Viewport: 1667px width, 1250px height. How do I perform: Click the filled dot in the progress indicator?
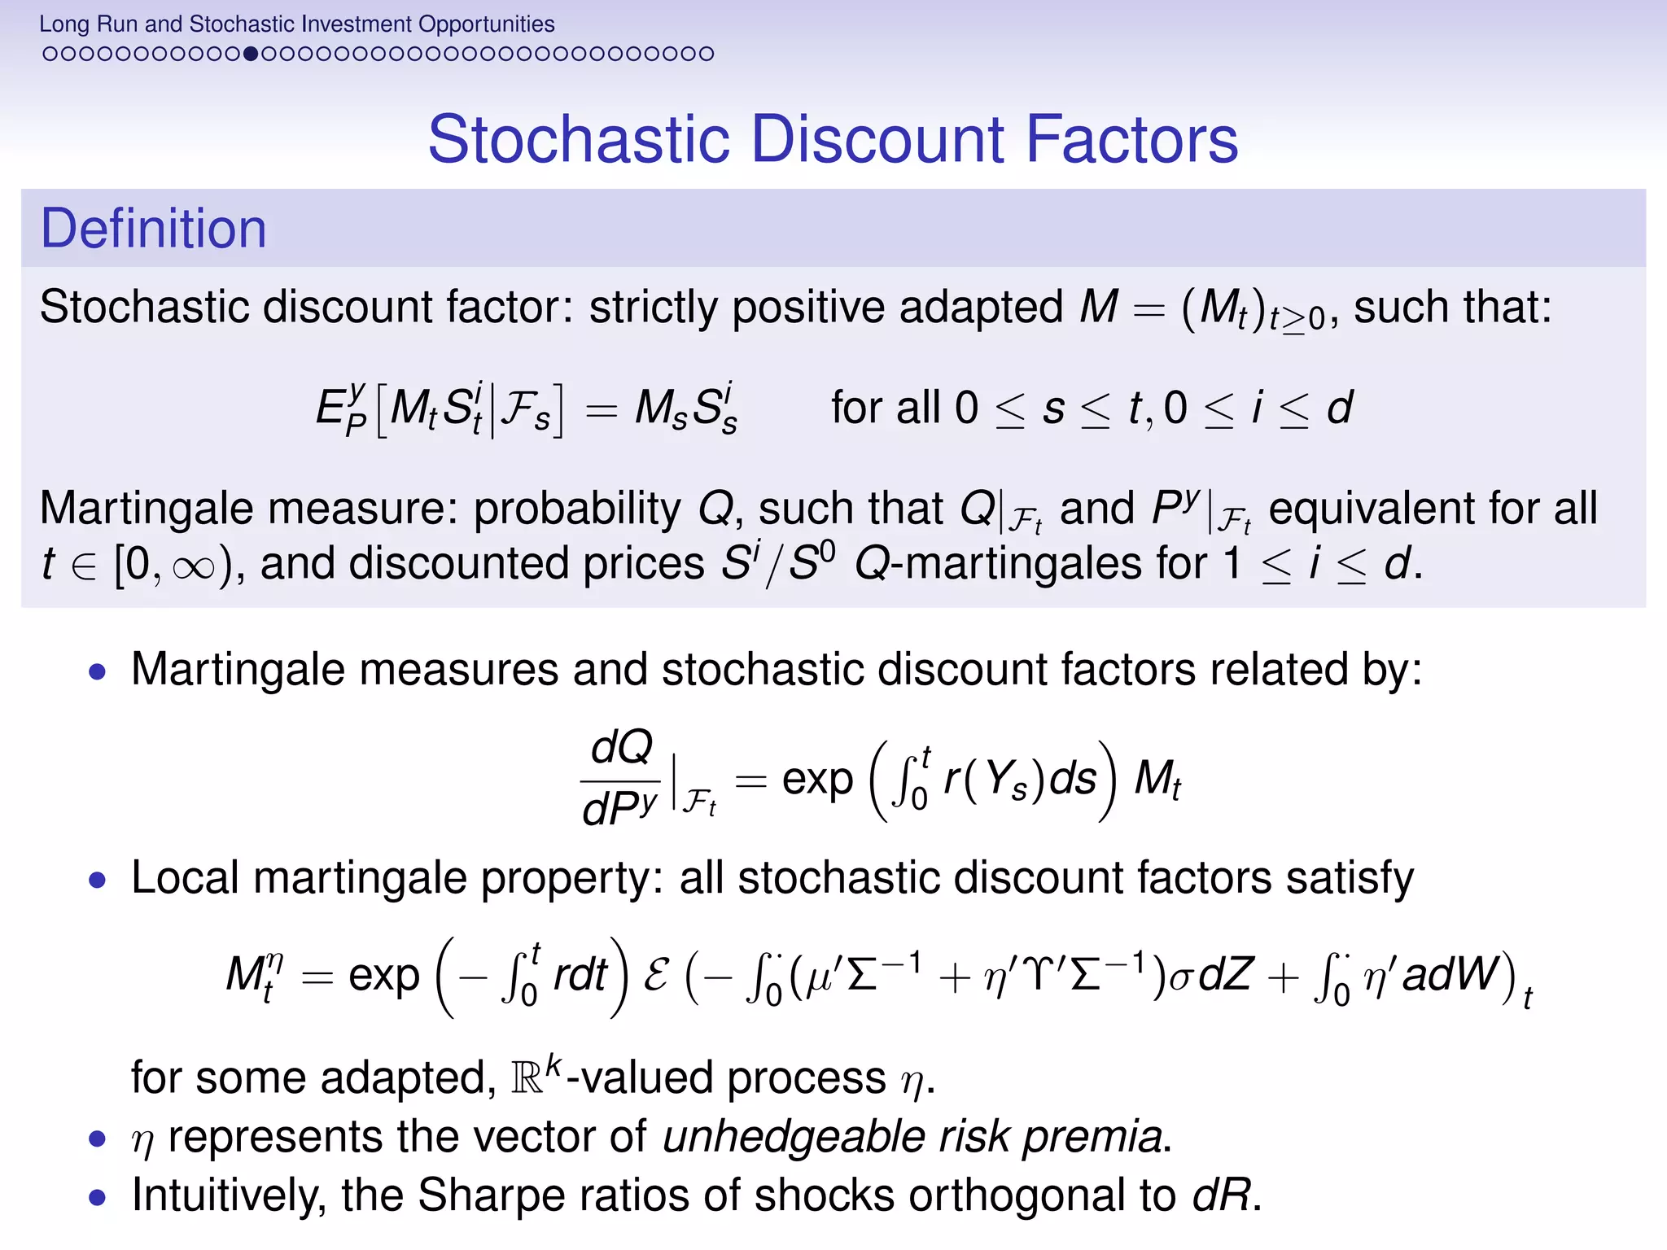[x=251, y=55]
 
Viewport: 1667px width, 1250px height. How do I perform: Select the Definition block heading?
[x=154, y=229]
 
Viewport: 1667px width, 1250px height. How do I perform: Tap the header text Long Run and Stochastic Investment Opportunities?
[x=297, y=24]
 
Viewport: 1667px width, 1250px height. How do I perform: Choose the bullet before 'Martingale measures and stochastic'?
[x=98, y=672]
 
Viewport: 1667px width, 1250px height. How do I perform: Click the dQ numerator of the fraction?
[x=622, y=746]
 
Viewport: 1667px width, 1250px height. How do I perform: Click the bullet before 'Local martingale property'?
[x=98, y=880]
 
